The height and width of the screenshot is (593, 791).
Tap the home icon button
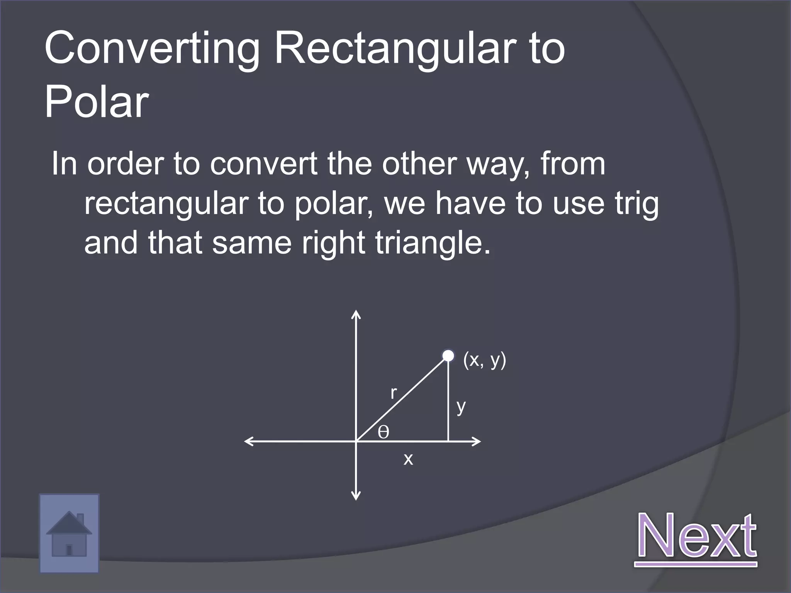[x=69, y=534]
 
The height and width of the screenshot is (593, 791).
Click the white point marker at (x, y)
[x=448, y=356]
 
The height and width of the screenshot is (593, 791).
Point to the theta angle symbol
[x=383, y=432]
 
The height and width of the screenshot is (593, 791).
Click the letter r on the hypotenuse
[x=393, y=393]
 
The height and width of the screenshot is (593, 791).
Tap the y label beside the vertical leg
[x=461, y=407]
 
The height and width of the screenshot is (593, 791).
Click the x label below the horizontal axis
[x=408, y=459]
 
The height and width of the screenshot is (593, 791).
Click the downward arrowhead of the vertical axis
[x=356, y=496]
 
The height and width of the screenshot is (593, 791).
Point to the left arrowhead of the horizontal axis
[x=248, y=441]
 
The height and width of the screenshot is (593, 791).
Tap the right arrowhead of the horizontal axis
[x=477, y=441]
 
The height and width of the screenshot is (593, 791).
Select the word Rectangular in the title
[x=398, y=49]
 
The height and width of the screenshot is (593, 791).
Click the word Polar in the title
[x=97, y=102]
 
